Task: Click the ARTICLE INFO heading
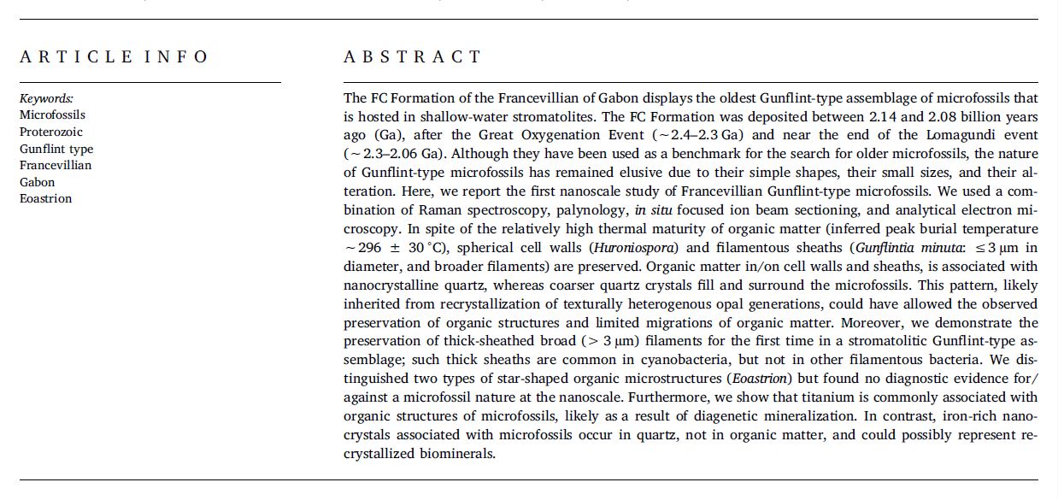[x=114, y=57]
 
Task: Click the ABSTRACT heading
[x=413, y=57]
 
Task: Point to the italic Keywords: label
[x=46, y=98]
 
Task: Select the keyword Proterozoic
[x=51, y=132]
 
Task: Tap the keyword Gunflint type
[x=56, y=149]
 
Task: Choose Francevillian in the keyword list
[x=56, y=165]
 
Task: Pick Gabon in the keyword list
[x=37, y=182]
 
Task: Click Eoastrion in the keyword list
[x=45, y=198]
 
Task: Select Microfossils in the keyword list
[x=52, y=115]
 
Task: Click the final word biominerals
[x=461, y=454]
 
